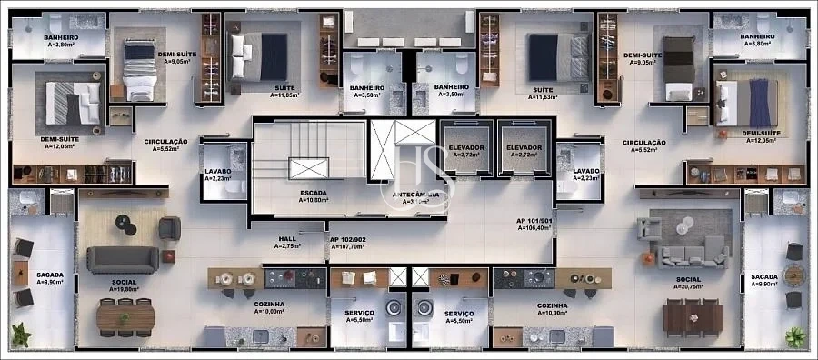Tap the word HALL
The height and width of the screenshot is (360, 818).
tap(287, 238)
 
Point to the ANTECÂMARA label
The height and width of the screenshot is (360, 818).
tap(417, 194)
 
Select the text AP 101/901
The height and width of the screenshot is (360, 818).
tap(534, 221)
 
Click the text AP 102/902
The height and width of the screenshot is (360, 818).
tap(346, 238)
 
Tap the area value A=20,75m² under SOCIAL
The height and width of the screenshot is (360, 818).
tap(688, 287)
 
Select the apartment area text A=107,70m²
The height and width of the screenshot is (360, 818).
tap(346, 246)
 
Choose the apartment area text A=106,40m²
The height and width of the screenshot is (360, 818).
tap(534, 229)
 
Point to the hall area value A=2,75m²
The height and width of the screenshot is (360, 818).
tap(287, 246)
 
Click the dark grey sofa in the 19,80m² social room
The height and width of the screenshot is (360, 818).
tap(115, 259)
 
